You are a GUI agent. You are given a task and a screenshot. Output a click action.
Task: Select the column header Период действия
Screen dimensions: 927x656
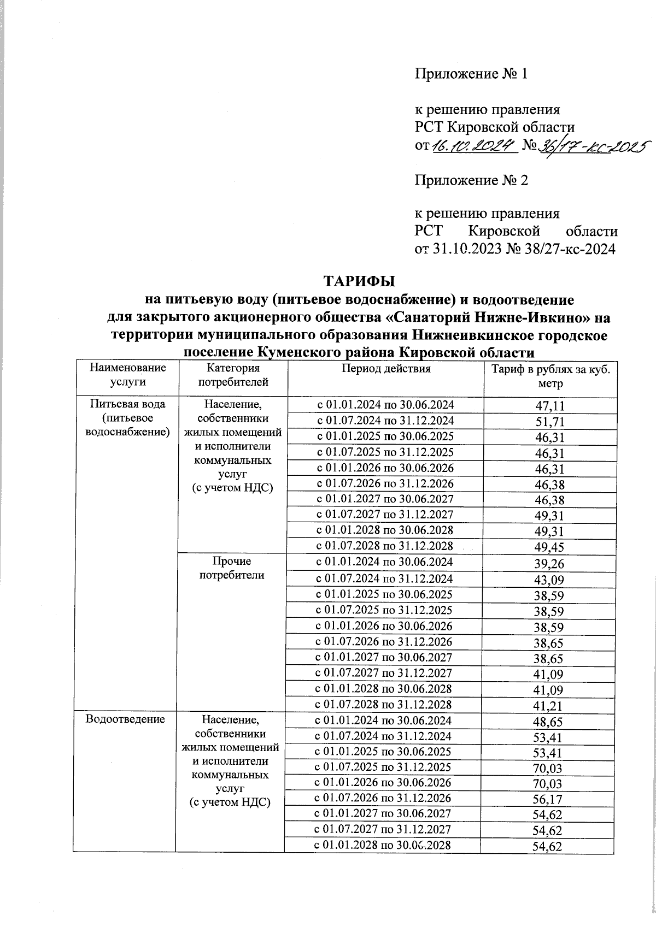click(386, 369)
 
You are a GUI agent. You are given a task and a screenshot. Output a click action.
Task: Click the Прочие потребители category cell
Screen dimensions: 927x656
click(232, 568)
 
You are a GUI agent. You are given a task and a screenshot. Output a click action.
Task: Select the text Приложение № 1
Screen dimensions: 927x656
click(471, 74)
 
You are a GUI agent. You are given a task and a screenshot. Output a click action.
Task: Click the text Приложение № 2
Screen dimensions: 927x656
click(471, 180)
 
